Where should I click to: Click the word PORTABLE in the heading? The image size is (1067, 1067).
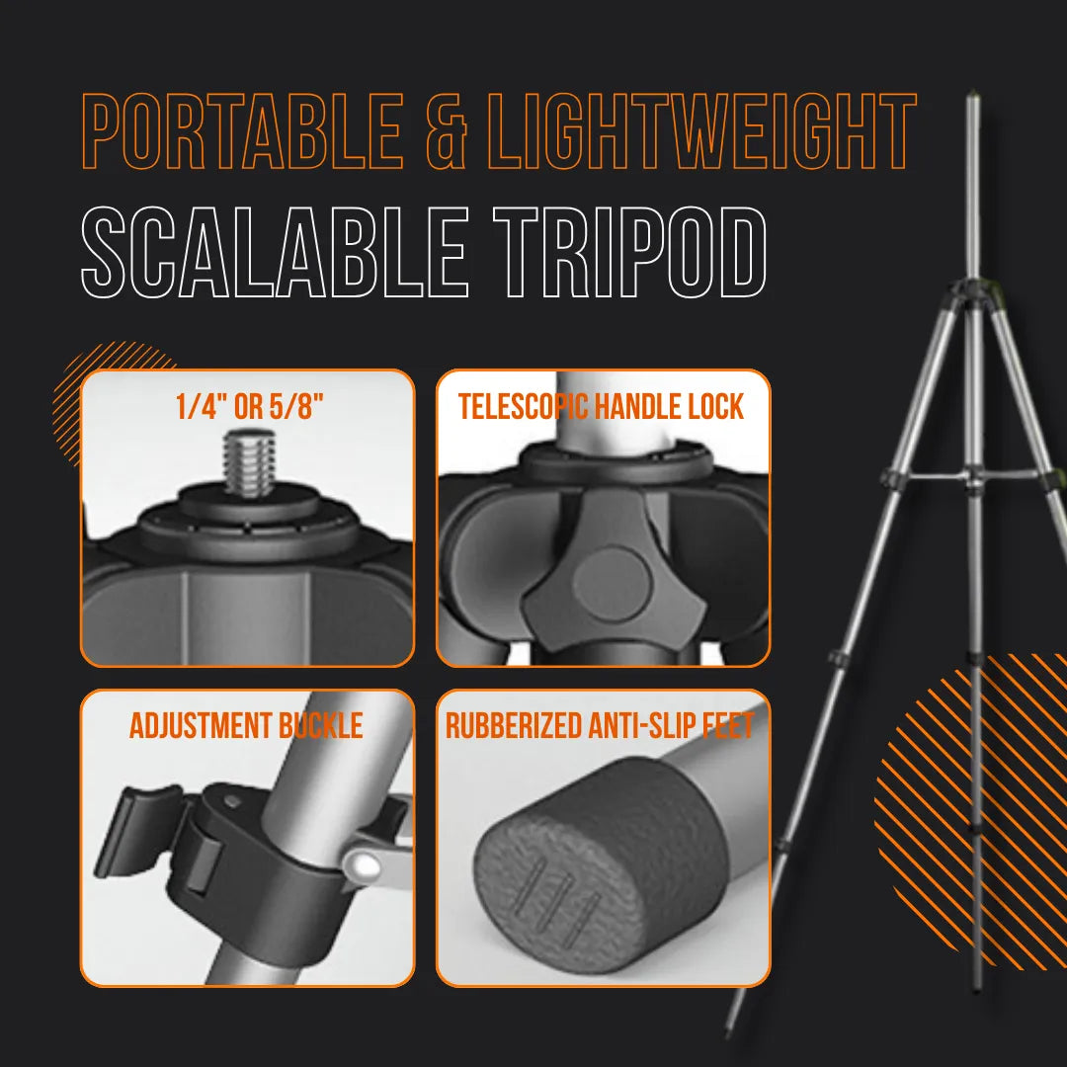tap(242, 132)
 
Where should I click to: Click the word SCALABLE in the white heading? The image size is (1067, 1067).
tap(275, 252)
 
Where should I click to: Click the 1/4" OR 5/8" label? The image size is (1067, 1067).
tap(249, 407)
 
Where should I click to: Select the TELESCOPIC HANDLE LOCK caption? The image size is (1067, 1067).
tap(601, 406)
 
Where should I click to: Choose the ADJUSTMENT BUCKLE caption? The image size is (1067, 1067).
tap(246, 726)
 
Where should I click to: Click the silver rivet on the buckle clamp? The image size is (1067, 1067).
tap(368, 865)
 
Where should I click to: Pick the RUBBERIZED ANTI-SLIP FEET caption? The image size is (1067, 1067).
tap(600, 726)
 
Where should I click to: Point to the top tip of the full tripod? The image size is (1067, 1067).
tap(972, 99)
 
